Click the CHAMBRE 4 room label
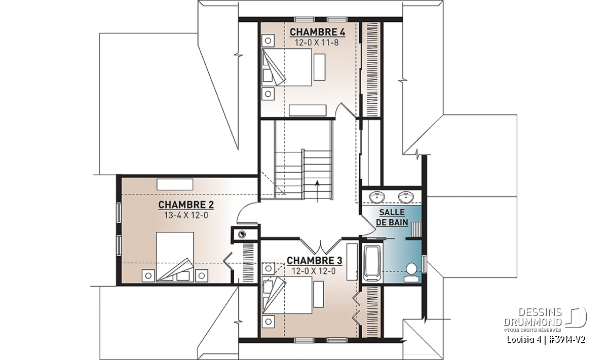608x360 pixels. (x=317, y=32)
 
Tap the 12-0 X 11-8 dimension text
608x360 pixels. (x=317, y=43)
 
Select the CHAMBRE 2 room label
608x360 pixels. (x=186, y=205)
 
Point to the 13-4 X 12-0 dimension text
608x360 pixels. (x=186, y=215)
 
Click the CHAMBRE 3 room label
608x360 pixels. (x=314, y=260)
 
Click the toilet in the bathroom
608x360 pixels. (x=412, y=272)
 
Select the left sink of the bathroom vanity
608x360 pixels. (x=377, y=196)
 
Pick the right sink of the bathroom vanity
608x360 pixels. (x=406, y=196)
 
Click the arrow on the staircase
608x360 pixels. (x=317, y=191)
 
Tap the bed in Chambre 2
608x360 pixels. (x=175, y=257)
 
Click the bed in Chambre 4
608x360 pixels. (x=287, y=67)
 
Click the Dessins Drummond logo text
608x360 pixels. (x=533, y=316)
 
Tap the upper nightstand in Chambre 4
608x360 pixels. (x=268, y=41)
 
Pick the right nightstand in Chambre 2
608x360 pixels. (x=202, y=275)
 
